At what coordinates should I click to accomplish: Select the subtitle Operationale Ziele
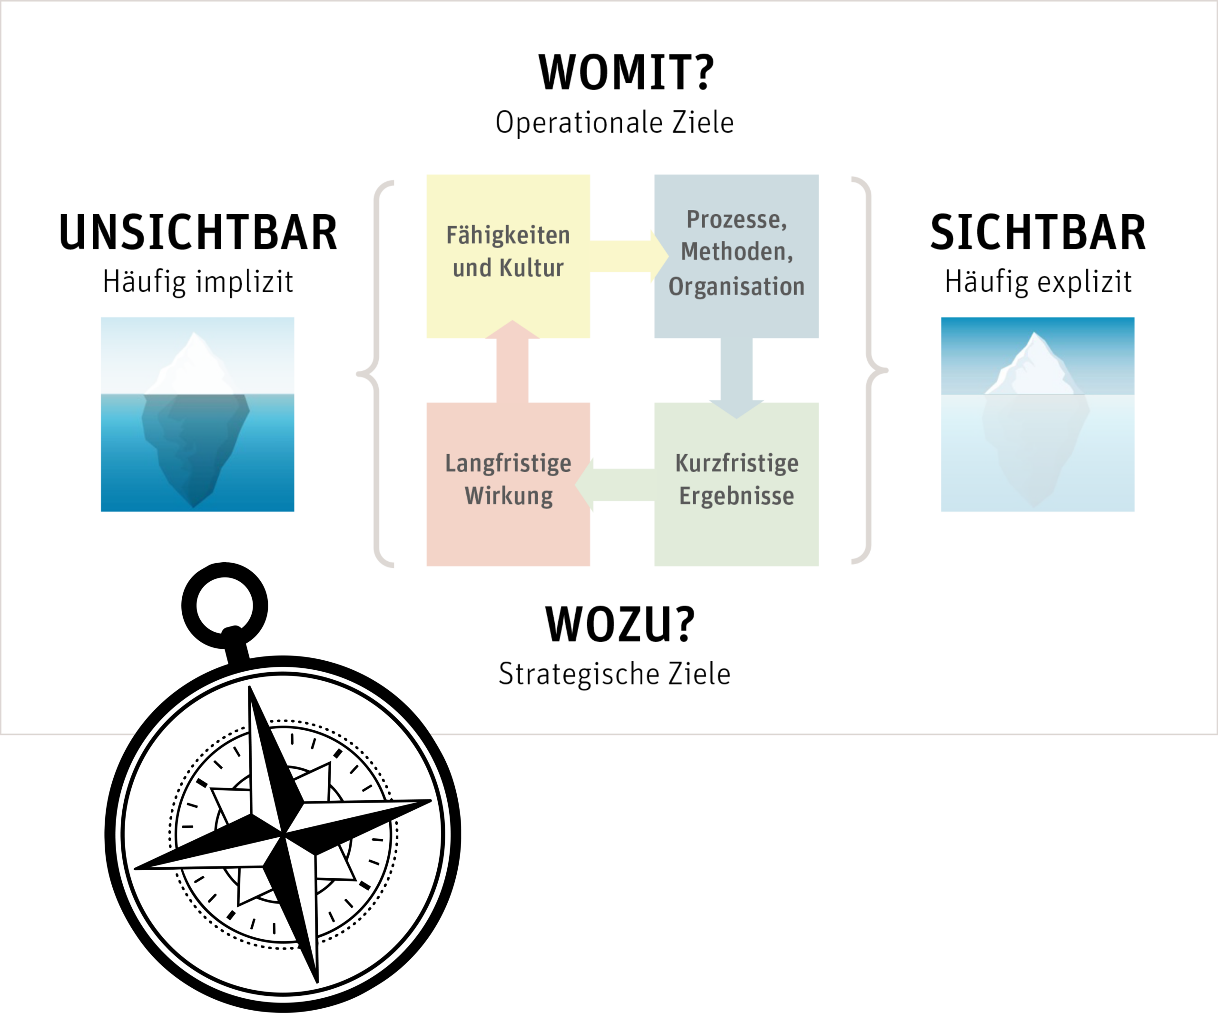tap(614, 123)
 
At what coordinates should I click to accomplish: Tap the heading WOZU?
tap(619, 624)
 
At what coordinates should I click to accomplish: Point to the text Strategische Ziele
tap(614, 674)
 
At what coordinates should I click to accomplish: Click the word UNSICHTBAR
tap(198, 233)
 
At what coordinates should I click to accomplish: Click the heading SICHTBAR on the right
tap(1038, 233)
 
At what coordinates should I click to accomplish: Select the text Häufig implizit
tap(198, 282)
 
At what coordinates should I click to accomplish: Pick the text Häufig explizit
tap(1038, 282)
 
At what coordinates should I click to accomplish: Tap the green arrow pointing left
tap(618, 485)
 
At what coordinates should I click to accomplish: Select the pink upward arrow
tap(512, 366)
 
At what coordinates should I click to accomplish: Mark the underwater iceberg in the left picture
tap(194, 441)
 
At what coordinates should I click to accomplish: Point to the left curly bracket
tap(376, 371)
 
